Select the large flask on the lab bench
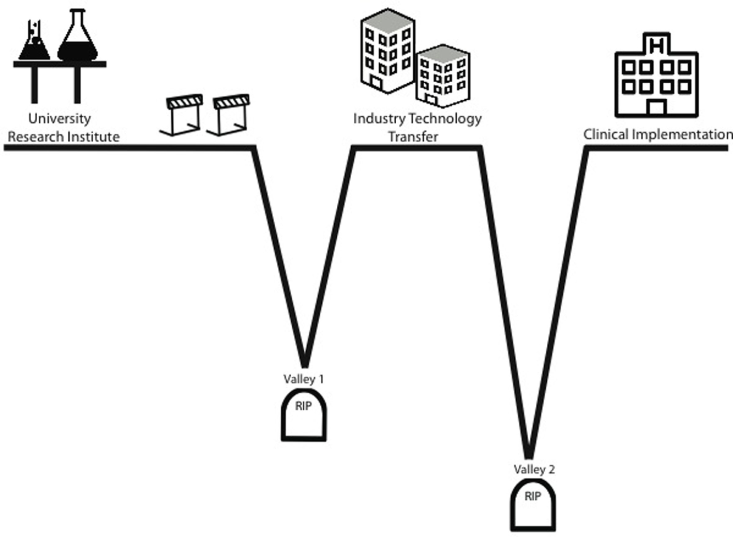pyautogui.click(x=78, y=39)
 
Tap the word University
pyautogui.click(x=59, y=118)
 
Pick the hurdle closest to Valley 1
pyautogui.click(x=230, y=115)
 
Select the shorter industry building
pyautogui.click(x=443, y=75)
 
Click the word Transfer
pyautogui.click(x=413, y=136)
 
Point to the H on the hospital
pyautogui.click(x=656, y=45)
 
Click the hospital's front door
pyautogui.click(x=656, y=108)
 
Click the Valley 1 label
pyautogui.click(x=303, y=379)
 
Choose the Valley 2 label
pyautogui.click(x=534, y=469)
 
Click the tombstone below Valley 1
pyautogui.click(x=304, y=416)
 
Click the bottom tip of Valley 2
pyautogui.click(x=529, y=455)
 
